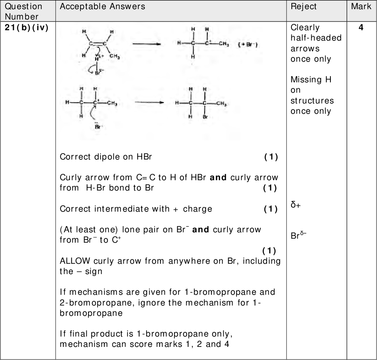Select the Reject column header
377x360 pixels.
tap(304, 7)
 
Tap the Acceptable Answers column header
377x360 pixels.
tap(102, 7)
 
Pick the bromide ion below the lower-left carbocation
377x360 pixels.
tap(97, 127)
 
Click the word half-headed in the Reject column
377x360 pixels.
tap(316, 38)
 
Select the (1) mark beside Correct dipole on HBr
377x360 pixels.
tap(271, 157)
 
